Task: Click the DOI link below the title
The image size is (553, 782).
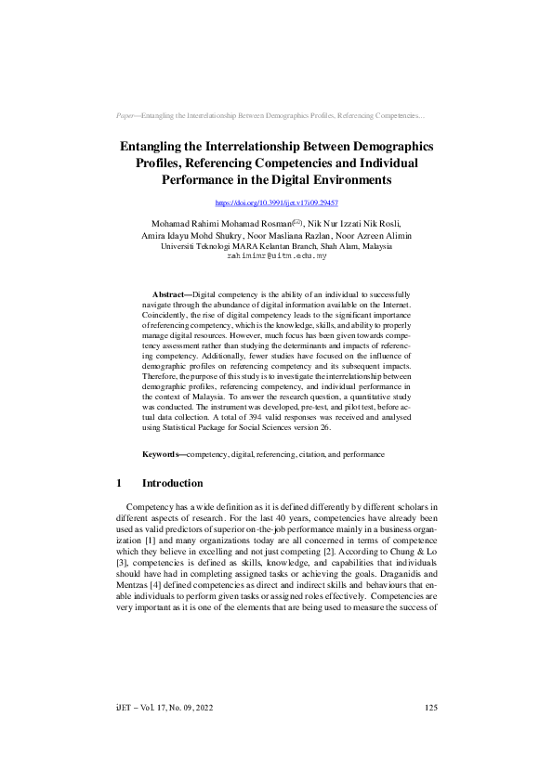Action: pos(276,202)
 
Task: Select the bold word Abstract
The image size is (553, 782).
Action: pos(169,293)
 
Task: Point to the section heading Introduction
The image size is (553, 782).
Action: pos(172,484)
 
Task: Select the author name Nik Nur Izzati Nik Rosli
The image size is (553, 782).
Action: pos(353,224)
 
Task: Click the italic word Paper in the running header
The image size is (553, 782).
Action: pos(125,116)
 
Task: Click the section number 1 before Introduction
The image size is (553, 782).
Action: pos(120,484)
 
